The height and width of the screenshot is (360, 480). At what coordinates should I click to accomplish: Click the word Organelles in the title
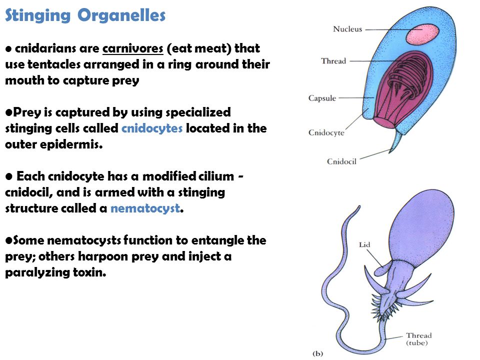[121, 16]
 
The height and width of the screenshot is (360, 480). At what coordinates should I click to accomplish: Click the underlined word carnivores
[133, 48]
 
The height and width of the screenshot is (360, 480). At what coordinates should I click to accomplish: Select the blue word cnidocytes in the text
[152, 128]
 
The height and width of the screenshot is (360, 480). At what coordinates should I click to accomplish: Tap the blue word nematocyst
[145, 208]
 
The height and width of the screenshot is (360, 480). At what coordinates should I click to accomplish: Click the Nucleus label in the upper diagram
[347, 29]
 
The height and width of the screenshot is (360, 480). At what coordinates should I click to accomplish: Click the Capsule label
[322, 98]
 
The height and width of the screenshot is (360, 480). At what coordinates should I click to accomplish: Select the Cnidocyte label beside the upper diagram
[326, 132]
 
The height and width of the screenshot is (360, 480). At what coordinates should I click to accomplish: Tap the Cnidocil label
[341, 161]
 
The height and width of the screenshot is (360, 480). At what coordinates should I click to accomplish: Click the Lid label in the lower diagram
[364, 244]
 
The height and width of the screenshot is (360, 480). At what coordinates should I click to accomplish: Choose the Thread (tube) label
[419, 339]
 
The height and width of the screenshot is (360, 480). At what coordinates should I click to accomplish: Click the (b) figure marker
[318, 353]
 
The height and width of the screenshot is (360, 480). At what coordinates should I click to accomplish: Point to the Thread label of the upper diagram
[333, 61]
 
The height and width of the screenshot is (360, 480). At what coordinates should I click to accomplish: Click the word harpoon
[94, 256]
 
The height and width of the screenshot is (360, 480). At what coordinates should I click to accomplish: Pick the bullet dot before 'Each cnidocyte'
[9, 176]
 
